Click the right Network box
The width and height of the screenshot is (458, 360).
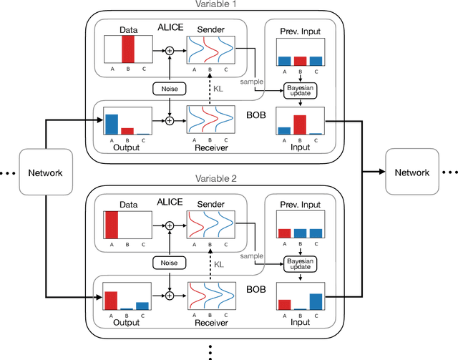413,172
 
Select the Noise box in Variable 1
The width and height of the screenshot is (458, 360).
169,89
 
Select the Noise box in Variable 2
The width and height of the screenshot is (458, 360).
169,263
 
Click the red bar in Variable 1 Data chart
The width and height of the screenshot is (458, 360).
128,51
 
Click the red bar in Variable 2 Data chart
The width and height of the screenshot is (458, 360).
111,225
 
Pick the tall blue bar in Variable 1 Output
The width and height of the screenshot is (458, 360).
111,124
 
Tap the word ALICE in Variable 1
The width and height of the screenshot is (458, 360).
171,27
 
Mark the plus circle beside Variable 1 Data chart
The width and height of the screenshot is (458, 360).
170,51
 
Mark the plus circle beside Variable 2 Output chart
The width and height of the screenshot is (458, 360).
170,295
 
